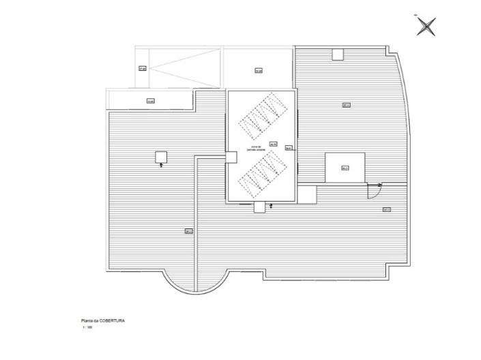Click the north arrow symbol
click(x=426, y=27)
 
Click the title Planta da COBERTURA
click(x=102, y=319)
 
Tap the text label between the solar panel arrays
click(x=257, y=147)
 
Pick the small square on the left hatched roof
click(x=162, y=157)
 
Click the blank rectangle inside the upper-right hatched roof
click(x=345, y=167)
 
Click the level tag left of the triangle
click(x=143, y=68)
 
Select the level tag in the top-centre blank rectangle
click(x=259, y=70)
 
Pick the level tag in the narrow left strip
click(x=150, y=102)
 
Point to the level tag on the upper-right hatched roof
click(x=346, y=105)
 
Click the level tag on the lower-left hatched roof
click(x=188, y=231)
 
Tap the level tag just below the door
click(x=386, y=209)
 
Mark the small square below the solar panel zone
click(x=259, y=207)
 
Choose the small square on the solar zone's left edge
click(x=231, y=157)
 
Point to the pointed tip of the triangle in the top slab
click(x=154, y=67)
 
